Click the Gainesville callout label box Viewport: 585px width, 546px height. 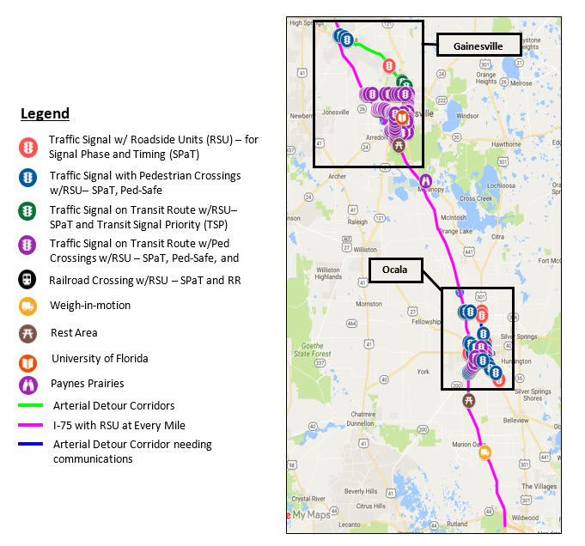[472, 45]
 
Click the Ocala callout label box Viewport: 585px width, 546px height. [401, 270]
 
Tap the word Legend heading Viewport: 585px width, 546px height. [45, 113]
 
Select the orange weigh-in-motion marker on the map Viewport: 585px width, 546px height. [484, 452]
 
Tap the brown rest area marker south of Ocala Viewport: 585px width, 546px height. [469, 400]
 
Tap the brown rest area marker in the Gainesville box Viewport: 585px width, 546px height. [399, 146]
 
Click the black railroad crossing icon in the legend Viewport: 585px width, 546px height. [28, 279]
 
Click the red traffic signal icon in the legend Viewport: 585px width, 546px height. [28, 147]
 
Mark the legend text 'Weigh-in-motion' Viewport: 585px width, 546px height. [91, 306]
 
